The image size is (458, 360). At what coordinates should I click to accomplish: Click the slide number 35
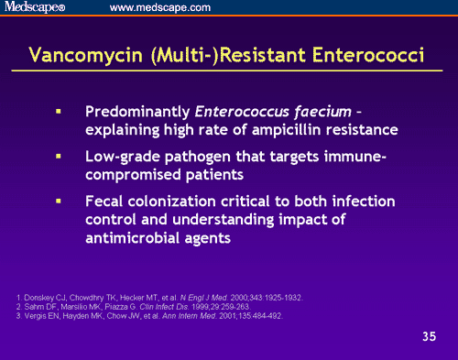(429, 336)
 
